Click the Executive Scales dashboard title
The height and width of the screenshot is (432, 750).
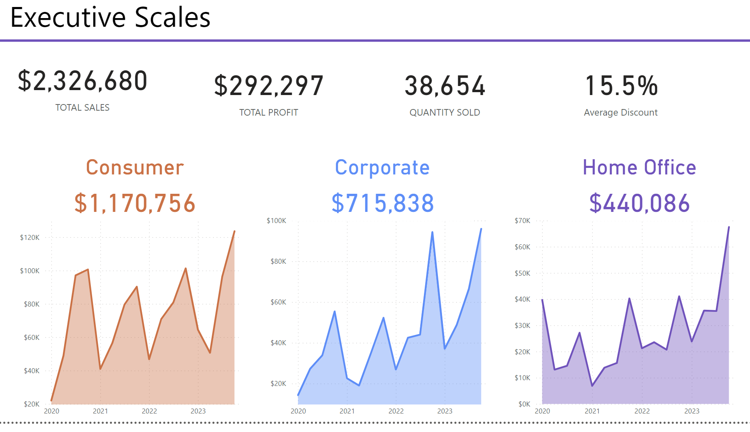point(110,18)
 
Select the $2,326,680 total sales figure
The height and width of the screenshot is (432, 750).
point(83,81)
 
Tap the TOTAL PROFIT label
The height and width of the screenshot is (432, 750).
point(269,112)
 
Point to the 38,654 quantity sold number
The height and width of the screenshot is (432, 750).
point(445,86)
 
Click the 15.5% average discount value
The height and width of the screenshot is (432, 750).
point(621,86)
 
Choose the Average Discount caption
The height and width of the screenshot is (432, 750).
point(620,112)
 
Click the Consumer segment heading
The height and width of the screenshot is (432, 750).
point(135,167)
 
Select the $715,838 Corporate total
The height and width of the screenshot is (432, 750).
point(383,203)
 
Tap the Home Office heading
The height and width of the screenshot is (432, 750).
point(639,167)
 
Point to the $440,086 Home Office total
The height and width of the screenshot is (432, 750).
point(639,203)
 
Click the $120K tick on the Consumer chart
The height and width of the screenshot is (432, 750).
point(30,237)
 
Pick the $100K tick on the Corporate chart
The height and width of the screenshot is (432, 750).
point(276,221)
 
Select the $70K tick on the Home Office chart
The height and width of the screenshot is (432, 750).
point(523,221)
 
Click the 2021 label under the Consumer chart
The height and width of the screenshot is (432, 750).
point(100,411)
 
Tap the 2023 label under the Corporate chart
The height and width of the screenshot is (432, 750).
point(445,411)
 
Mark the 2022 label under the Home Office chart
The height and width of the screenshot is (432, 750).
point(642,411)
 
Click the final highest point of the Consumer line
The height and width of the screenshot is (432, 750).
point(234,231)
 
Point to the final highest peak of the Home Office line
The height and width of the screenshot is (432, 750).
point(729,227)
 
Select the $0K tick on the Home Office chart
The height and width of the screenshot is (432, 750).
point(524,404)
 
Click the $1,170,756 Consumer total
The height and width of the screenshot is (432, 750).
point(135,203)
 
